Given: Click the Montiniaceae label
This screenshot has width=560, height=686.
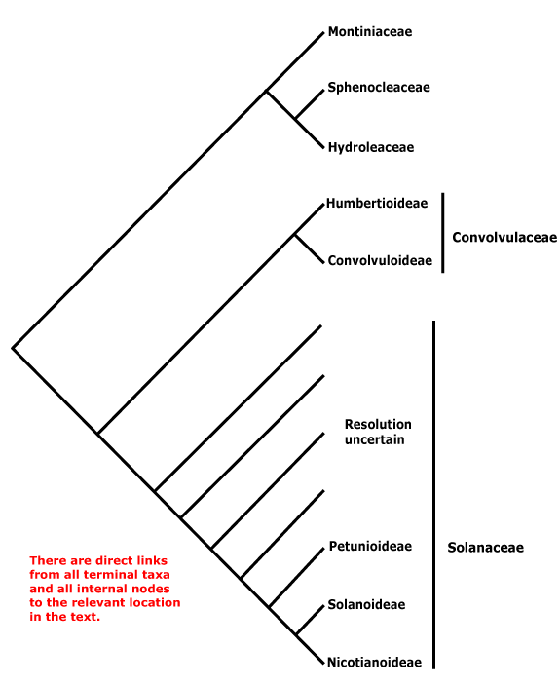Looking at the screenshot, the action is pyautogui.click(x=370, y=32).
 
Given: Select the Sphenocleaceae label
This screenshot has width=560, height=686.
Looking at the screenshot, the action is pyautogui.click(x=379, y=88).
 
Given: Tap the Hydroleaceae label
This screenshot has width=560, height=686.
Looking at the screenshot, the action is pyautogui.click(x=371, y=147).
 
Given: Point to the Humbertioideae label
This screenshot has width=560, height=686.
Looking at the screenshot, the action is pyautogui.click(x=377, y=203).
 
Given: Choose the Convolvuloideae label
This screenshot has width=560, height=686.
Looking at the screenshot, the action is pyautogui.click(x=380, y=261).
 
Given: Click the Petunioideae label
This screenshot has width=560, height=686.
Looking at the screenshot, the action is pyautogui.click(x=370, y=547).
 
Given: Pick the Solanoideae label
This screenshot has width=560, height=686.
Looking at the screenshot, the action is pyautogui.click(x=366, y=604).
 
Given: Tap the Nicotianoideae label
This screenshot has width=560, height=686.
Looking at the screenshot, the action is pyautogui.click(x=374, y=663).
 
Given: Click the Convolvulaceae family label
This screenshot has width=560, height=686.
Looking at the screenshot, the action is pyautogui.click(x=504, y=238).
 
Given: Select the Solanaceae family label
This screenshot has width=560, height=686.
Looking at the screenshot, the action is pyautogui.click(x=485, y=548).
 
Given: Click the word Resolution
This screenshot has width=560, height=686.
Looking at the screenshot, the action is pyautogui.click(x=378, y=425).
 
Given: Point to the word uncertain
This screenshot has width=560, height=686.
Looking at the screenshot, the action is pyautogui.click(x=375, y=439).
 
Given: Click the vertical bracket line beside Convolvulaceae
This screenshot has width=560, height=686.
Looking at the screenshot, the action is pyautogui.click(x=443, y=233).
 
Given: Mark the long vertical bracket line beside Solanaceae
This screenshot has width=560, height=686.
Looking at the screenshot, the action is pyautogui.click(x=433, y=495).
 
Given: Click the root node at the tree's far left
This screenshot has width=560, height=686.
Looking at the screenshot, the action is pyautogui.click(x=13, y=348).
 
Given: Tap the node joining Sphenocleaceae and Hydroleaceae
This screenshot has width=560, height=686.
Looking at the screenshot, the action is pyautogui.click(x=295, y=119).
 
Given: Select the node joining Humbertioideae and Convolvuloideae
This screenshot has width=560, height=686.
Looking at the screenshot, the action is pyautogui.click(x=295, y=236).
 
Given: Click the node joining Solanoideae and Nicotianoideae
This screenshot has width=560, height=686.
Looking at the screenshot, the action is pyautogui.click(x=296, y=634).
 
